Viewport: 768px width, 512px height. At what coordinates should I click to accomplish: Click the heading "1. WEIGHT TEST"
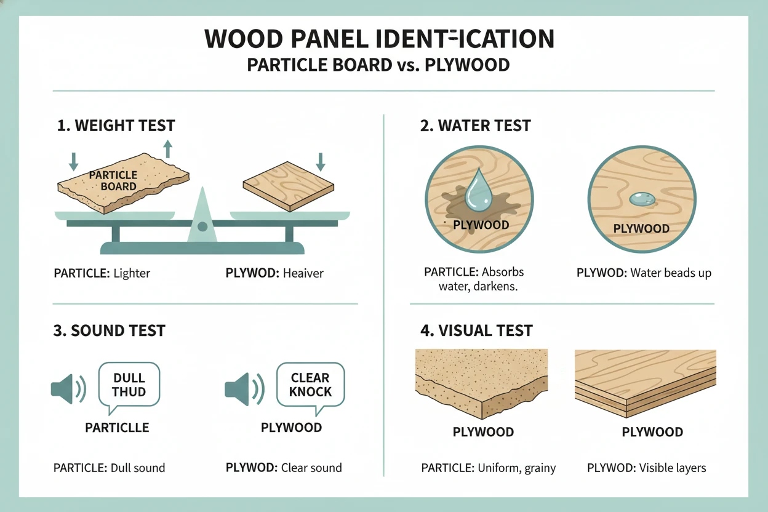coord(116,126)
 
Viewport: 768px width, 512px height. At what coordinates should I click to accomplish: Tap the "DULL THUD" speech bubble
coord(129,385)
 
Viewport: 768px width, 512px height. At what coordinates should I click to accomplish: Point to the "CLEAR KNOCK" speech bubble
coord(310,385)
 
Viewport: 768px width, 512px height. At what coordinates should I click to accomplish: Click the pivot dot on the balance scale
coord(202,226)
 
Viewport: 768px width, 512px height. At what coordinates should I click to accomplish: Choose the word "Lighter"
coord(132,273)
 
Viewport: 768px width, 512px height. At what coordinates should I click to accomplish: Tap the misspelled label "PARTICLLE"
coord(117,427)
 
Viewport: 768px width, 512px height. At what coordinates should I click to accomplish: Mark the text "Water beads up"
coord(671,273)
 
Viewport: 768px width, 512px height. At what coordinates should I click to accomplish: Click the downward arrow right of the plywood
coord(320,162)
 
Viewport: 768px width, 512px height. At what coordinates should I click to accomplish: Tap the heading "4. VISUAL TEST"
coord(476,330)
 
